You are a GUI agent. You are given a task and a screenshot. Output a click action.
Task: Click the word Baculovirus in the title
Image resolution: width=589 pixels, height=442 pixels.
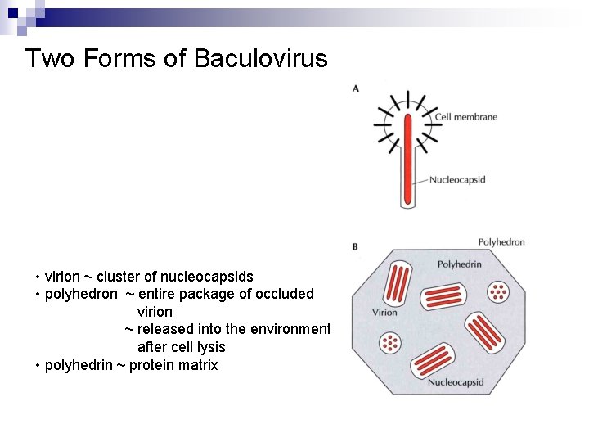(x=261, y=59)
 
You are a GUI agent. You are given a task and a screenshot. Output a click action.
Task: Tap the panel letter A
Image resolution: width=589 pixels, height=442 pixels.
(x=355, y=88)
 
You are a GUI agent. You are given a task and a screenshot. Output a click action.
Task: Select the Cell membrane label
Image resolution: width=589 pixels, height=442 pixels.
(x=465, y=117)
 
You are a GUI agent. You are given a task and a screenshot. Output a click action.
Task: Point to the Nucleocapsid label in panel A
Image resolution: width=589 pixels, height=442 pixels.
(x=457, y=180)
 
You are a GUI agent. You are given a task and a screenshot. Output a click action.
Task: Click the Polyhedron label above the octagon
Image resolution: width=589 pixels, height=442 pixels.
(x=501, y=242)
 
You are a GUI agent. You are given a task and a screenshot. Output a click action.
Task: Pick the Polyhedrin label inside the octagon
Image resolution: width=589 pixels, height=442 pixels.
(x=460, y=264)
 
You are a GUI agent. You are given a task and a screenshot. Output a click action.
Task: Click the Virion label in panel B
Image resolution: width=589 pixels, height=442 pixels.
(x=384, y=312)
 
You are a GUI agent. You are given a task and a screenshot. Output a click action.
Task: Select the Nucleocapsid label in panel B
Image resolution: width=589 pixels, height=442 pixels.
(x=456, y=382)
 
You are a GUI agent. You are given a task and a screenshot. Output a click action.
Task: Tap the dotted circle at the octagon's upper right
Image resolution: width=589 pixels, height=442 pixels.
(x=497, y=291)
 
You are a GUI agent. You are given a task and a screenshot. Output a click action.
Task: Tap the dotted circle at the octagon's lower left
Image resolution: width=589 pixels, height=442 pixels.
(x=391, y=343)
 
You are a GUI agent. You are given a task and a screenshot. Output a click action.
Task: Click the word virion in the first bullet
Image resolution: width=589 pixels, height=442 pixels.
(x=62, y=277)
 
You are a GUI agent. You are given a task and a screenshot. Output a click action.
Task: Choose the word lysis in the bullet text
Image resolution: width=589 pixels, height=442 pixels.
(x=209, y=347)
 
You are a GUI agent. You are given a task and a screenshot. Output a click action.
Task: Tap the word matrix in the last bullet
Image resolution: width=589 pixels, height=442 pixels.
(x=199, y=365)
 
